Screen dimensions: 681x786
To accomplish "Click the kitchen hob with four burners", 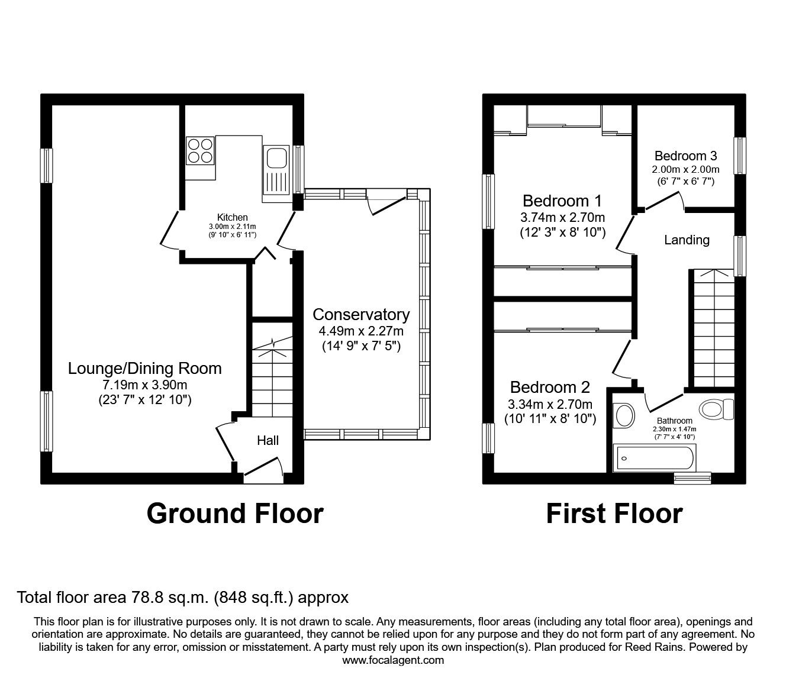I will (x=201, y=150).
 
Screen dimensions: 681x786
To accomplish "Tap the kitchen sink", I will (x=276, y=159).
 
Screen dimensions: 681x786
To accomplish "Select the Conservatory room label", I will (x=361, y=314).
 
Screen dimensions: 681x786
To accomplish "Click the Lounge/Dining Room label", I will (x=145, y=368).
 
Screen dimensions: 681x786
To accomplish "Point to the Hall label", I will (x=268, y=440).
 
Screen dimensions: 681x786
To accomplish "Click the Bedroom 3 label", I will (x=685, y=156).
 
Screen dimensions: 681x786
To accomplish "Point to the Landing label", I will (x=687, y=240).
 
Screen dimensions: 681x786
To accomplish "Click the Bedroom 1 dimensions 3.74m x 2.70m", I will (x=562, y=217).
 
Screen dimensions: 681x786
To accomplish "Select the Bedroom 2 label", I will (x=550, y=388).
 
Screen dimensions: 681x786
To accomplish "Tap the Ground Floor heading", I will (x=235, y=513).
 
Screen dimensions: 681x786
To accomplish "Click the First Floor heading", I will (x=614, y=513).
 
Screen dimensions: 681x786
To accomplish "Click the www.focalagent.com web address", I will (x=393, y=660).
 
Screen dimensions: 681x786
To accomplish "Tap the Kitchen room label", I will (x=233, y=217).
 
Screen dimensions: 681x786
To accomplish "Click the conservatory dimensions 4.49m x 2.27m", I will (x=361, y=331).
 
